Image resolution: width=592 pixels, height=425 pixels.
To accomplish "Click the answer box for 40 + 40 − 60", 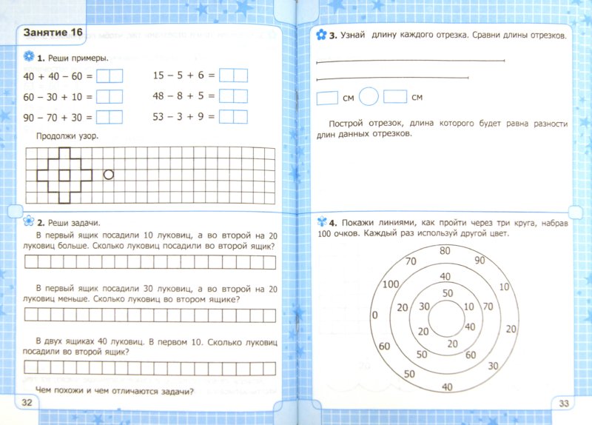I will pos(109,76).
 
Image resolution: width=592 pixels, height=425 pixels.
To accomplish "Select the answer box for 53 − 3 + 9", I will pos(233,116).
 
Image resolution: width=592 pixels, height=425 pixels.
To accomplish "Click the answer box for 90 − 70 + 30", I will pos(109,116).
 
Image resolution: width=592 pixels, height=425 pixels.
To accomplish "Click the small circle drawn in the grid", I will pos(109,175).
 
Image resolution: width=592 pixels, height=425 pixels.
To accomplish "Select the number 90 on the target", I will pos(480,261).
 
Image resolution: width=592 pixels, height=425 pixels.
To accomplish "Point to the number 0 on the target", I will pos(374,315).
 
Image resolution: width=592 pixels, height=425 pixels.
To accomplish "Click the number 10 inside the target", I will pos(468,307).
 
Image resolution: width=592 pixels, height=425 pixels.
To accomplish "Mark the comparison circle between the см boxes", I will pos(372,97).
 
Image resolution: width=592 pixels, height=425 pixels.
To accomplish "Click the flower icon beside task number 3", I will pos(320,35).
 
